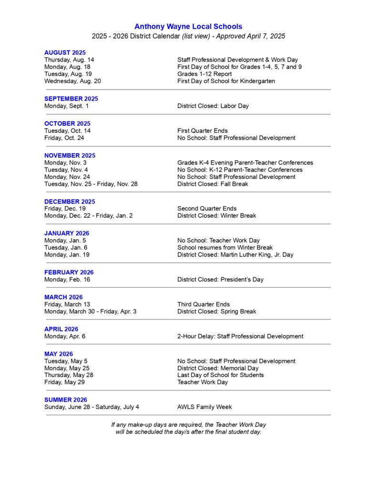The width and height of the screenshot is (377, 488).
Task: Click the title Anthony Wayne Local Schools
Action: click(x=188, y=27)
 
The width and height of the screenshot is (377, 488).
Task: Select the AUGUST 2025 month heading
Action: click(x=65, y=52)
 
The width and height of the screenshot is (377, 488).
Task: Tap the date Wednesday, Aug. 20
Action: click(x=72, y=81)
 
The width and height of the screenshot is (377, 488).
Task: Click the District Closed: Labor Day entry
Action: click(x=213, y=106)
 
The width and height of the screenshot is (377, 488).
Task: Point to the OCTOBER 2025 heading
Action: click(x=67, y=123)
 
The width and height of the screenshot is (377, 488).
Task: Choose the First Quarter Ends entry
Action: click(x=202, y=131)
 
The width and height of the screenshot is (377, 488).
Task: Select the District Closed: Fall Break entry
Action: click(x=213, y=184)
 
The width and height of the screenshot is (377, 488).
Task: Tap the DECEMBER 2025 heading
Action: click(x=70, y=202)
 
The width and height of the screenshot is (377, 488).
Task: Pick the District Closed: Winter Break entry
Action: click(x=216, y=215)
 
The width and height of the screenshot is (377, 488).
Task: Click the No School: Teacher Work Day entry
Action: click(x=218, y=241)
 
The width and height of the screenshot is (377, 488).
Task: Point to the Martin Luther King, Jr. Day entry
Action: click(x=235, y=254)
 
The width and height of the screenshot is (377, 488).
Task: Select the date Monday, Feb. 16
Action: click(x=67, y=279)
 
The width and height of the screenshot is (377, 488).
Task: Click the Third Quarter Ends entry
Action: click(x=203, y=304)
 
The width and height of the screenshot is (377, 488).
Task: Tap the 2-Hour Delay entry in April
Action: click(x=240, y=336)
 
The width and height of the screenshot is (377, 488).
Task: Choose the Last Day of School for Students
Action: click(x=220, y=375)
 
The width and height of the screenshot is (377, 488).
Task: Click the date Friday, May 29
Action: click(x=63, y=382)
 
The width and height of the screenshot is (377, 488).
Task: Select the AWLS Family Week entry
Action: click(x=204, y=407)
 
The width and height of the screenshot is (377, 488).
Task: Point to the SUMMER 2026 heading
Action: click(x=66, y=400)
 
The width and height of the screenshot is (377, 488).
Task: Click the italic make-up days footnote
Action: click(x=188, y=428)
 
